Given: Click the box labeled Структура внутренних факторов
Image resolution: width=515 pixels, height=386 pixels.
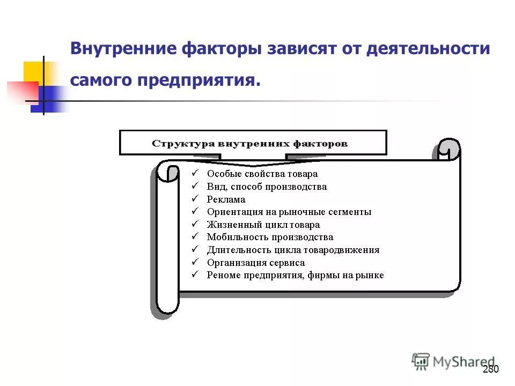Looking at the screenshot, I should [x=252, y=143].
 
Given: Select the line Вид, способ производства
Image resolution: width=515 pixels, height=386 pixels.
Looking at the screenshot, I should [x=267, y=187].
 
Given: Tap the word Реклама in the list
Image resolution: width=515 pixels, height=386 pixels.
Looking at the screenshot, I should [x=226, y=199].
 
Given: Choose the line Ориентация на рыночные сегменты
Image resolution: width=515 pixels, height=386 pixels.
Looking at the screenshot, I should [x=289, y=212].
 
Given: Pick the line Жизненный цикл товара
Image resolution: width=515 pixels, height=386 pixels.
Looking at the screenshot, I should [x=263, y=225].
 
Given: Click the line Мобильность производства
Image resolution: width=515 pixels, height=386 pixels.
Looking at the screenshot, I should [x=270, y=237].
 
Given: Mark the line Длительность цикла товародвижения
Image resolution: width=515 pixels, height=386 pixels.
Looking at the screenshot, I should [x=293, y=250].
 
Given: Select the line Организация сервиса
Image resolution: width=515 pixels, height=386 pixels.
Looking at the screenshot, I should [x=255, y=263].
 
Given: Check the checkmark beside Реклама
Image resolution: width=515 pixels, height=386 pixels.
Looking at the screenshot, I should [x=195, y=199].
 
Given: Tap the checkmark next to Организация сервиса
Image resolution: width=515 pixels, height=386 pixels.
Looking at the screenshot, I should [x=195, y=262].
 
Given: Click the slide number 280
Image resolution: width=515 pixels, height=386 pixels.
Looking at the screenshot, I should [x=491, y=369].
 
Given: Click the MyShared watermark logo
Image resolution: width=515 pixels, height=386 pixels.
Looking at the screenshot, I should [x=453, y=362].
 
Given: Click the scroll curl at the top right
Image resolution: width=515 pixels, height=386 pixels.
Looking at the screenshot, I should [x=448, y=150].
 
